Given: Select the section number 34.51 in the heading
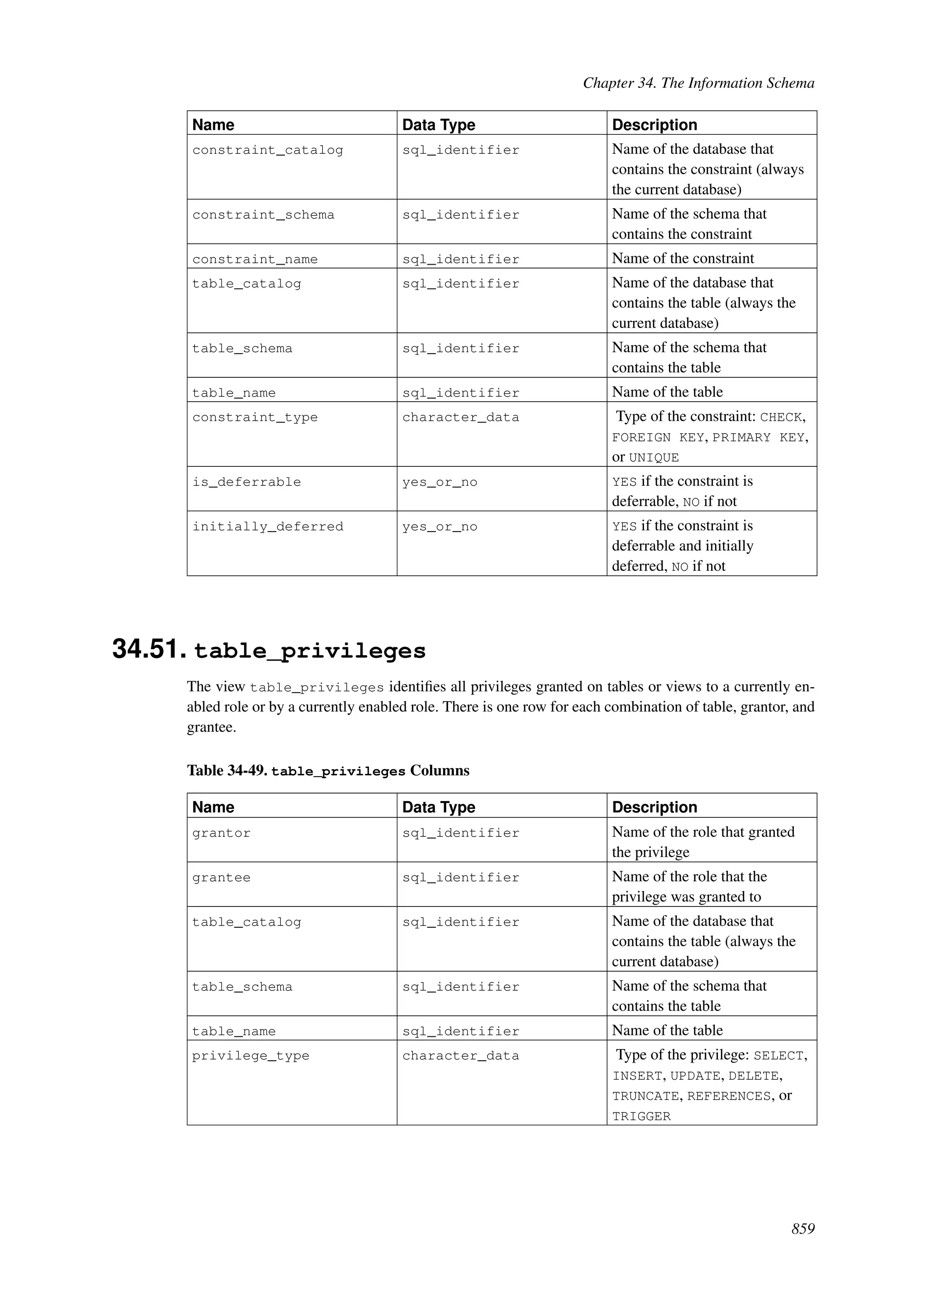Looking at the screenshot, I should [149, 649].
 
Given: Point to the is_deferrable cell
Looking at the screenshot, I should [246, 483].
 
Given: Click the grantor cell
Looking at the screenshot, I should [221, 834].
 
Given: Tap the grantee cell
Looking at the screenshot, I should [221, 878].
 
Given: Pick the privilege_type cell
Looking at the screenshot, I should [251, 1056].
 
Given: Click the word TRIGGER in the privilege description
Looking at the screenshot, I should [641, 1116].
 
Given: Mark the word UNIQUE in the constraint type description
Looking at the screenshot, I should [654, 458].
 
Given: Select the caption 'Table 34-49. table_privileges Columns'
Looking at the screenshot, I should [328, 771].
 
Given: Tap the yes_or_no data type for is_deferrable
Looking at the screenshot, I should [440, 483].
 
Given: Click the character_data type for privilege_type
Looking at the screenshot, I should [461, 1056].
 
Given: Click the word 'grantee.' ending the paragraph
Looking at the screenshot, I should [211, 727].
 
